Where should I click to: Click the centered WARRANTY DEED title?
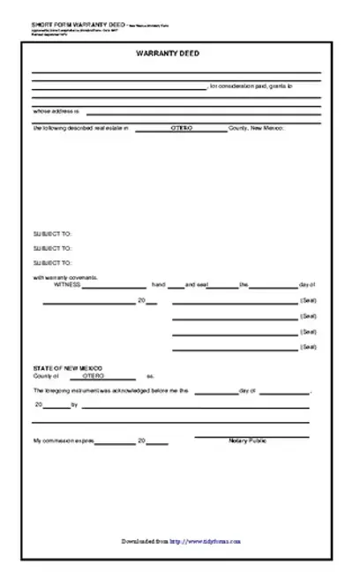pyautogui.click(x=179, y=54)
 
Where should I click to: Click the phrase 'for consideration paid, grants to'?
pyautogui.click(x=252, y=87)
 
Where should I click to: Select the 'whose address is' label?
pyautogui.click(x=56, y=111)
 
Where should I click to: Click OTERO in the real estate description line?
pyautogui.click(x=184, y=129)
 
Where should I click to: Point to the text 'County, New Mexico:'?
pyautogui.click(x=256, y=129)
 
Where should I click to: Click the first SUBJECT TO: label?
pyautogui.click(x=52, y=234)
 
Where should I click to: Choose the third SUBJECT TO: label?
pyautogui.click(x=52, y=262)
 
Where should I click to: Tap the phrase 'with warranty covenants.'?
pyautogui.click(x=65, y=278)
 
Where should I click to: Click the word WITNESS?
pyautogui.click(x=67, y=285)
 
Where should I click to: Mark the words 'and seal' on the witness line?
pyautogui.click(x=196, y=285)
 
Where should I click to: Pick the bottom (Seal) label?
pyautogui.click(x=308, y=347)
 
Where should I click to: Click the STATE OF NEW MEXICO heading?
pyautogui.click(x=67, y=366)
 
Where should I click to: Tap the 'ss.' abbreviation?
pyautogui.click(x=150, y=375)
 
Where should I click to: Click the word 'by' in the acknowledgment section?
pyautogui.click(x=74, y=405)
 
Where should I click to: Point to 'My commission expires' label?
pyautogui.click(x=63, y=440)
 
